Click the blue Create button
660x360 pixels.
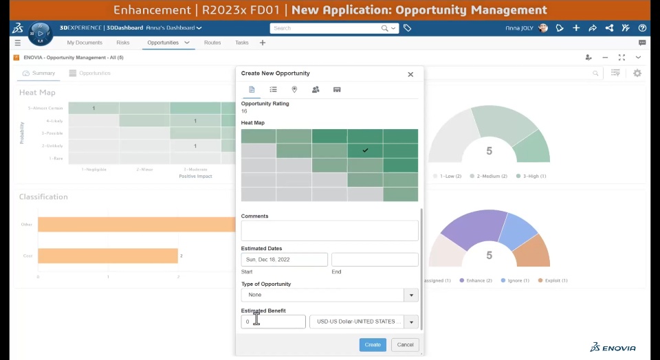point(373,345)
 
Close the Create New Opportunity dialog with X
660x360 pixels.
point(410,74)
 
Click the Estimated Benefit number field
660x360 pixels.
point(274,322)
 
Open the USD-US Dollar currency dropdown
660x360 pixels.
point(364,322)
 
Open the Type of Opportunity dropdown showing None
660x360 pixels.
point(329,295)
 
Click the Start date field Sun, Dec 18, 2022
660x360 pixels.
point(284,260)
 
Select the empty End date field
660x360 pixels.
point(375,260)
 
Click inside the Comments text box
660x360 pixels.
point(329,230)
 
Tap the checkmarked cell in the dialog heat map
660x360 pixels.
point(365,150)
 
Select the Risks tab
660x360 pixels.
point(123,43)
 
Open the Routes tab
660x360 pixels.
point(212,43)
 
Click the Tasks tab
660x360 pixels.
point(242,43)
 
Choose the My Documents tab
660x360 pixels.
point(85,43)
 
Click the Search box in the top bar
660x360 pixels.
point(327,28)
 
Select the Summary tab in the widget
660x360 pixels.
point(39,73)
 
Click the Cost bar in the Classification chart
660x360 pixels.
point(107,256)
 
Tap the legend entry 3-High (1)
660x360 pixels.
point(531,177)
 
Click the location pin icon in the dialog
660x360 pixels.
point(294,89)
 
